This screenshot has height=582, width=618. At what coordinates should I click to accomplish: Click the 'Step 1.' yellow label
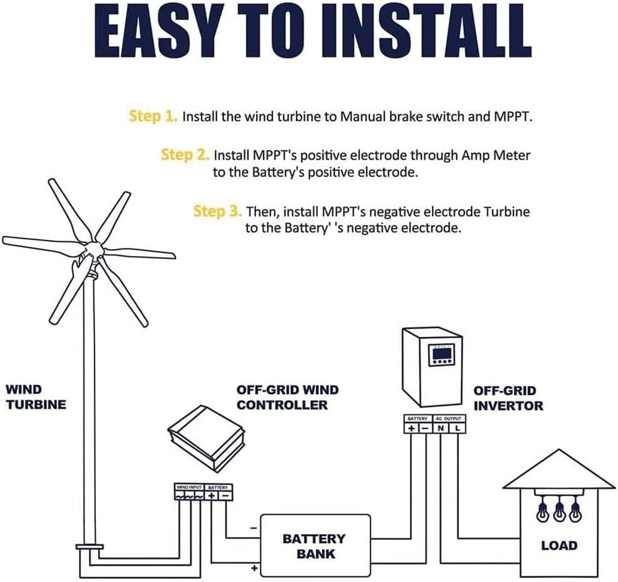(x=153, y=116)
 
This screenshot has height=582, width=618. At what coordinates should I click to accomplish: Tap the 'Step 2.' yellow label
(x=185, y=155)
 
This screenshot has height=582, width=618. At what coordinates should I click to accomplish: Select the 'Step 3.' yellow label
(x=217, y=212)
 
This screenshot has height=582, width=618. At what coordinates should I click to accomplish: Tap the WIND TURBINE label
(x=36, y=397)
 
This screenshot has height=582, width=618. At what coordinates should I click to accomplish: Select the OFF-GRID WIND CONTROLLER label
(x=287, y=397)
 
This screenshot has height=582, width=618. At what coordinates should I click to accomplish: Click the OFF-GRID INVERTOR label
(x=508, y=398)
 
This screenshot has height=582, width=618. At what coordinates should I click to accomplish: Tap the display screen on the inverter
(x=440, y=355)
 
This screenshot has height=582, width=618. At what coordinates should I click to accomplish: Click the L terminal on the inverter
(x=457, y=428)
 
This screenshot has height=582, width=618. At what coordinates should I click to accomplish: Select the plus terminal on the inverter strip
(x=411, y=428)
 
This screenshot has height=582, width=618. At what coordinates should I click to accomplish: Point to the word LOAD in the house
(x=559, y=545)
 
